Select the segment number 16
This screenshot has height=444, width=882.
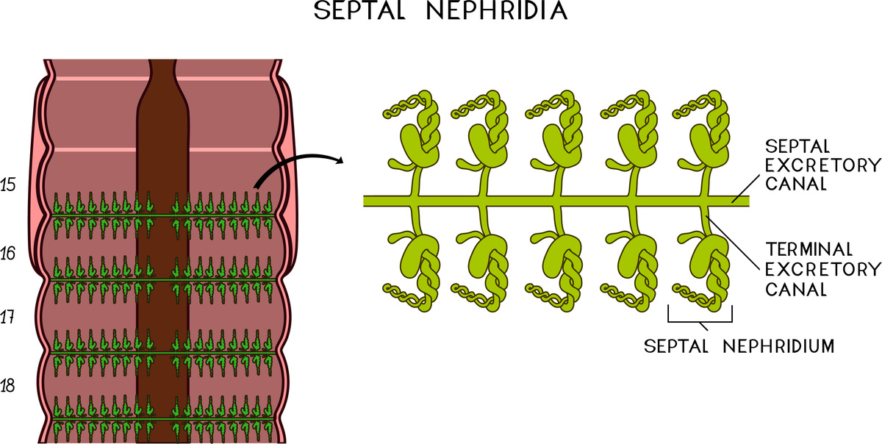pyautogui.click(x=10, y=254)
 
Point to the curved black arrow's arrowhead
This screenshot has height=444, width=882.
pyautogui.click(x=340, y=160)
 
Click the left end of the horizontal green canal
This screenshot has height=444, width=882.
pyautogui.click(x=367, y=200)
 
